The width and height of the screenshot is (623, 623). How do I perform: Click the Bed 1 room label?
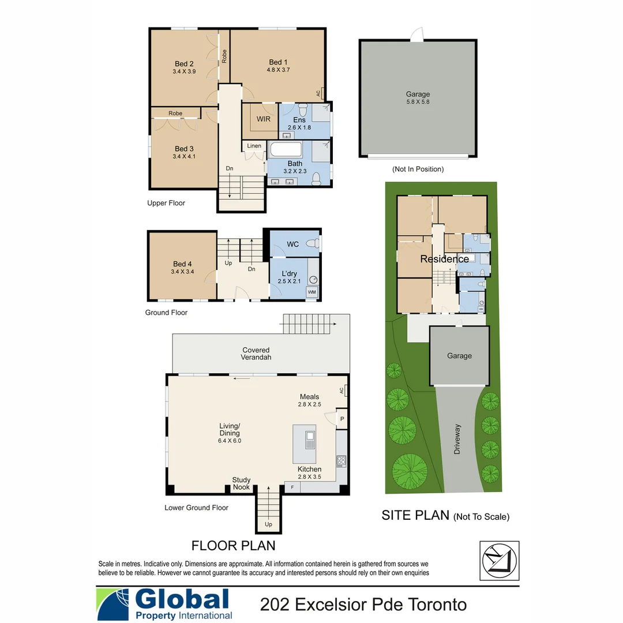(278, 62)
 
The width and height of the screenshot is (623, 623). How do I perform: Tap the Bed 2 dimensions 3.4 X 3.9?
(184, 72)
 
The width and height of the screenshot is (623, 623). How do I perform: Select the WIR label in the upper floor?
(264, 119)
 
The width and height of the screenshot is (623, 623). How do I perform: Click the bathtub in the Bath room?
(286, 151)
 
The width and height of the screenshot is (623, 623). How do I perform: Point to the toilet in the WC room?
(313, 244)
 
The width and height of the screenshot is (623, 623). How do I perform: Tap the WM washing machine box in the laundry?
(312, 292)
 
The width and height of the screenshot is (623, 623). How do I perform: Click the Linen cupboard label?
(254, 146)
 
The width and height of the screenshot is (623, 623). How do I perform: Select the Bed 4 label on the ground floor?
(182, 264)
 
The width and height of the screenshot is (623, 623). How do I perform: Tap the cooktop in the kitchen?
(341, 460)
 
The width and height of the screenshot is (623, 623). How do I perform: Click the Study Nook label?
(241, 483)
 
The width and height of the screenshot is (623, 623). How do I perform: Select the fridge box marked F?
(292, 488)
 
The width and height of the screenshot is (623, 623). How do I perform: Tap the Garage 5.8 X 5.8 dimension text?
(418, 102)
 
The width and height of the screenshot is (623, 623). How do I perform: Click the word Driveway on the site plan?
(457, 440)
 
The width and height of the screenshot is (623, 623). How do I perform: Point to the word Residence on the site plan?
(444, 259)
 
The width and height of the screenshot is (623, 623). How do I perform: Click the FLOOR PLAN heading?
(233, 545)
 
